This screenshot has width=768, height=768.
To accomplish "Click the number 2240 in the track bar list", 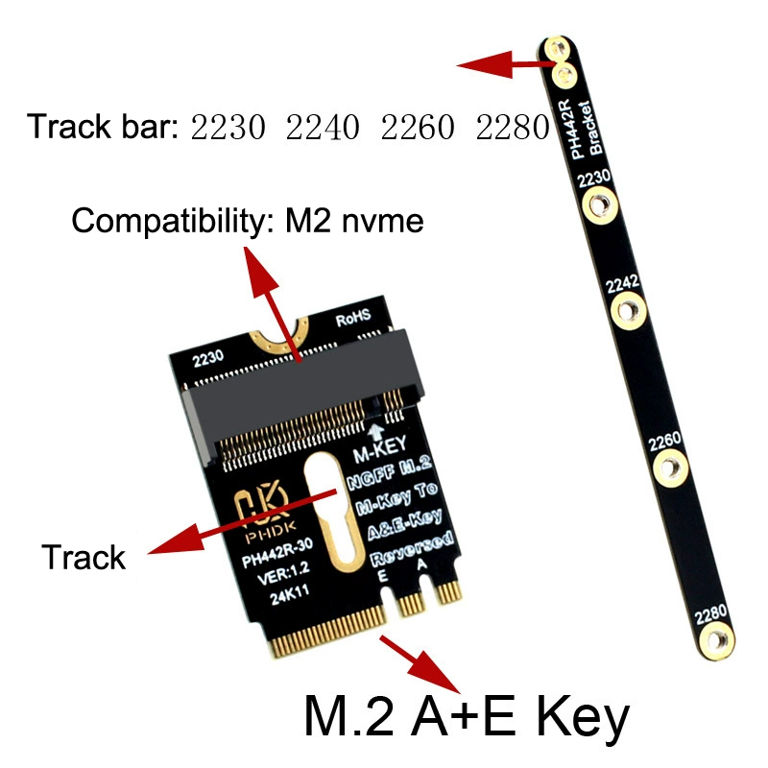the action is (x=323, y=127).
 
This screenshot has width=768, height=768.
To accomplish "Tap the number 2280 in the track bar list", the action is (x=513, y=127).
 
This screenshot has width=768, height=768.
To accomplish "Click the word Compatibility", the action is (x=168, y=222).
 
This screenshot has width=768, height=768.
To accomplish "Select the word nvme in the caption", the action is (x=382, y=222).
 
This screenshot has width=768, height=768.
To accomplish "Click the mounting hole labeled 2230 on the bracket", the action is (x=599, y=205).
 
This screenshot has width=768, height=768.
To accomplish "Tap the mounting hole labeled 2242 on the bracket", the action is (x=629, y=310).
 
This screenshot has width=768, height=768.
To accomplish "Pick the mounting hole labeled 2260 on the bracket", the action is (x=670, y=468).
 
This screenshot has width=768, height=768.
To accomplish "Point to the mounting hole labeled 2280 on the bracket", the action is (x=716, y=640).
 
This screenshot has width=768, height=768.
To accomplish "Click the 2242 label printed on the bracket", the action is (x=622, y=283).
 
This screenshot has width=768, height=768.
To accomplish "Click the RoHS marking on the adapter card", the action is (x=353, y=319).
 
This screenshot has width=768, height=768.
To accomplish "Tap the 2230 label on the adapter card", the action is (x=207, y=358).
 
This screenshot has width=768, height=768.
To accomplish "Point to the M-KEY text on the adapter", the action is (x=380, y=449).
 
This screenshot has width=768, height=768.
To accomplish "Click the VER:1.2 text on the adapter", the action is (x=283, y=572).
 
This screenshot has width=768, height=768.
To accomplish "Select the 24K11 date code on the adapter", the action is (x=290, y=594).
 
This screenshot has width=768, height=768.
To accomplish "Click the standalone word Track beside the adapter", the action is (x=84, y=558).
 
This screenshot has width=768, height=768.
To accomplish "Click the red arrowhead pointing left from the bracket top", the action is (x=485, y=64).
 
